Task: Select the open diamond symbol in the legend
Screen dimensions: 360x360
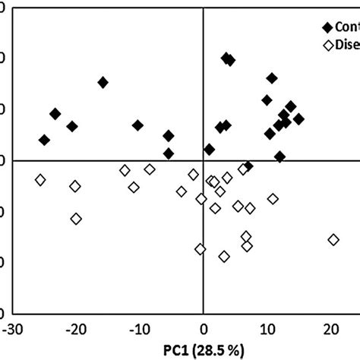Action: coord(328,43)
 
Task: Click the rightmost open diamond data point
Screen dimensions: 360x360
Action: coord(333,240)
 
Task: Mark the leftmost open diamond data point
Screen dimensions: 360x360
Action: coord(40,180)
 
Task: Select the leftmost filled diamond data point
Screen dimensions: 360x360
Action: coord(44,140)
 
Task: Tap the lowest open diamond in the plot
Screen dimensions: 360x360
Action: coord(224,257)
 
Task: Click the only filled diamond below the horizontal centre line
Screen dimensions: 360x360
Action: coord(248,166)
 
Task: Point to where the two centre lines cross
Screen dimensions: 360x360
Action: coord(203,160)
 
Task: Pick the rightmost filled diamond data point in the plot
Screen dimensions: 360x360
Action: coord(298,119)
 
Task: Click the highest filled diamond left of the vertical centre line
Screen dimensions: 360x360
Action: coord(103,82)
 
